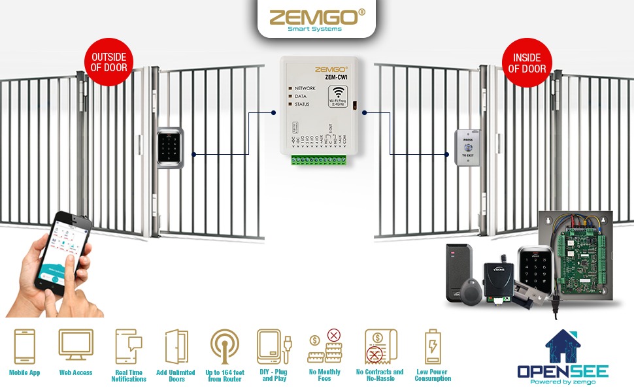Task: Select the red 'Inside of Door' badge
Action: [527, 62]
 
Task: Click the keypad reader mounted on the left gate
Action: [170, 149]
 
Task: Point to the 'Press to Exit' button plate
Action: [467, 148]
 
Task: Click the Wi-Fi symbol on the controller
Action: [338, 93]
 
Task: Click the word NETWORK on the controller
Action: [305, 88]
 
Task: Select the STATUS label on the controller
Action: [302, 105]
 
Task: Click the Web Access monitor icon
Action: [76, 345]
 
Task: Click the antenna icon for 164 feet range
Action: [224, 346]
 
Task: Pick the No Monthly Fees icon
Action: [324, 346]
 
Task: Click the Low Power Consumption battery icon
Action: [432, 346]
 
